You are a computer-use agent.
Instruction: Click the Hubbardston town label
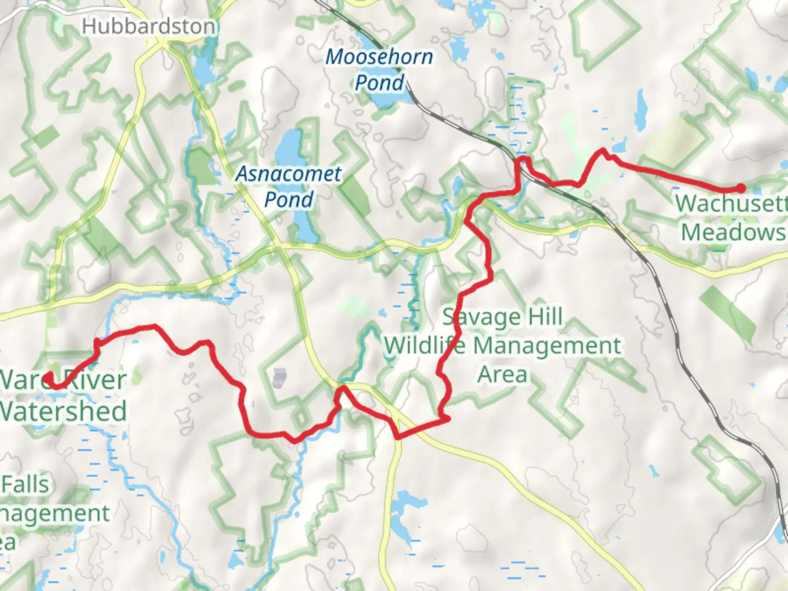(148, 26)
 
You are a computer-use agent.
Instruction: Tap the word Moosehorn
(379, 57)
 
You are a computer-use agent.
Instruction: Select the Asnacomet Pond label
(289, 187)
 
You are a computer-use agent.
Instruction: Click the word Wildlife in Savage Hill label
(425, 346)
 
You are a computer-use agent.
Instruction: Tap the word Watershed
(63, 412)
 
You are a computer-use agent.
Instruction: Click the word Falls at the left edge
(25, 485)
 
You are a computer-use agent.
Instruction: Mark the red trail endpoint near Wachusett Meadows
(741, 188)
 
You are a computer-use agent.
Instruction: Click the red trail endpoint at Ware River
(49, 377)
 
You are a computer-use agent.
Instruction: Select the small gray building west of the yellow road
(279, 377)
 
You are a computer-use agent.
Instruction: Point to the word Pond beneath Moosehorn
(379, 83)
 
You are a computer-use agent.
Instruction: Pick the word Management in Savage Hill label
(547, 346)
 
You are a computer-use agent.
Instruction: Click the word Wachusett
(731, 204)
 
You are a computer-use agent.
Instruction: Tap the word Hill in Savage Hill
(542, 317)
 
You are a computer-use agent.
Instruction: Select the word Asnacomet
(289, 174)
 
